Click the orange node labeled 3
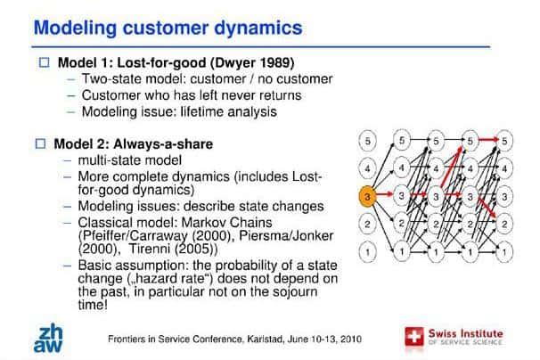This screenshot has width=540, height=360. tap(367, 196)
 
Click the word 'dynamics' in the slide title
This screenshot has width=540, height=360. tap(258, 28)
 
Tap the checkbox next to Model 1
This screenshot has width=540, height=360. tap(44, 62)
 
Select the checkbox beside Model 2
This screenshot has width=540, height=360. tap(40, 143)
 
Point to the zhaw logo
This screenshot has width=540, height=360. tap(48, 339)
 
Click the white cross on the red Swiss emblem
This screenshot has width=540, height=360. tap(413, 336)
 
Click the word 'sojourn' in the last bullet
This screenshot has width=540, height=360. tap(295, 292)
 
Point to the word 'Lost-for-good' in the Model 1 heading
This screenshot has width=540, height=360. tap(162, 62)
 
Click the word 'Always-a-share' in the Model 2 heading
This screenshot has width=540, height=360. tap(163, 144)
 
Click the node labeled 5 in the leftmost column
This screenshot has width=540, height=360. tap(367, 141)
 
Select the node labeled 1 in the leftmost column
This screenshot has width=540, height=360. tap(367, 252)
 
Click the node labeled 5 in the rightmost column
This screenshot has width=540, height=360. tap(504, 141)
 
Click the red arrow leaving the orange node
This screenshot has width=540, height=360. tap(384, 194)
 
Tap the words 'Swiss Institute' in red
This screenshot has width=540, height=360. tap(466, 333)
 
